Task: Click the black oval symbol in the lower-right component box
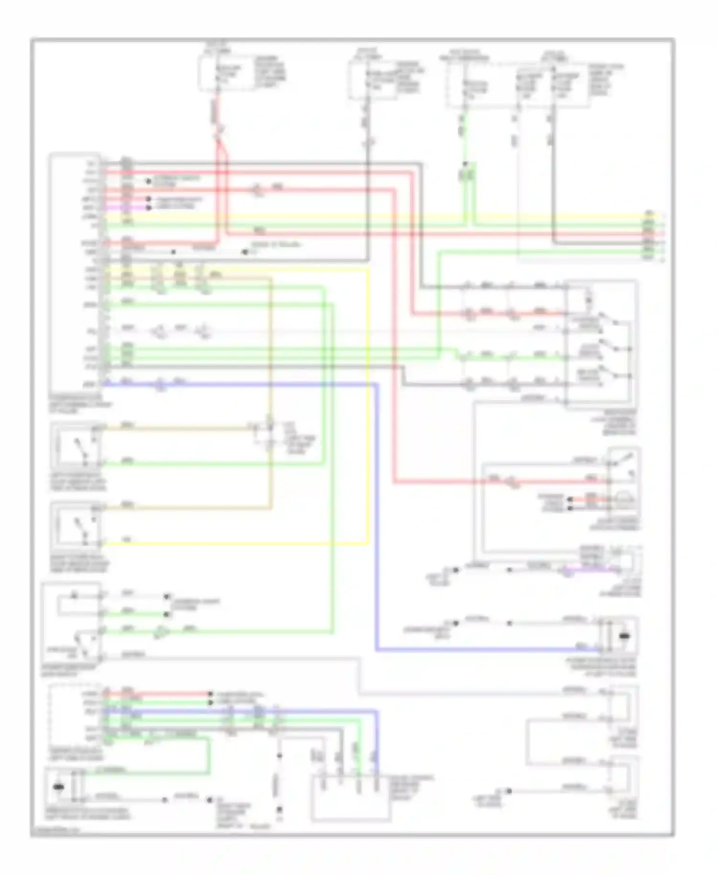(624, 636)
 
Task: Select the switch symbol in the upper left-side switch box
(80, 449)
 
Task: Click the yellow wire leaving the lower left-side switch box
(239, 543)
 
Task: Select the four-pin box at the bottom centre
(350, 798)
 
